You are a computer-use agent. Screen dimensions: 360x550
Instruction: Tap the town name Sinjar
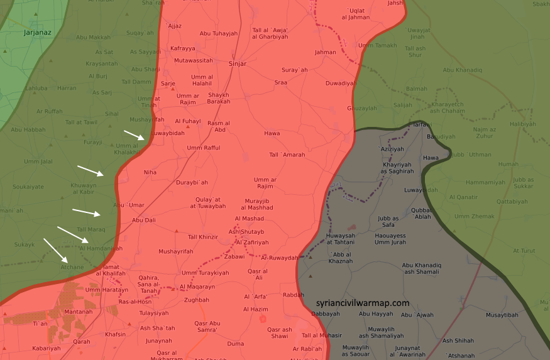tap(238, 63)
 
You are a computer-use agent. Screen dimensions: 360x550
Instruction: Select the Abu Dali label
tap(143, 221)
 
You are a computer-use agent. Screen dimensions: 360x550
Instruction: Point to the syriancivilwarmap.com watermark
tap(363, 303)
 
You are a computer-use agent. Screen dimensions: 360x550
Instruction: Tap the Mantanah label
tap(78, 312)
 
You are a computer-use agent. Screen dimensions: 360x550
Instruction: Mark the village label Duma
tap(235, 344)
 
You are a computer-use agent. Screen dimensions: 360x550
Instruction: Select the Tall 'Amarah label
tap(287, 155)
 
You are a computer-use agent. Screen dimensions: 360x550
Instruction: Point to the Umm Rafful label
tap(204, 148)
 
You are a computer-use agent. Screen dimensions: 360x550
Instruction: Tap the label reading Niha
tap(150, 172)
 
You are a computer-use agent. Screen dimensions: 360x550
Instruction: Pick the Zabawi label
tap(234, 256)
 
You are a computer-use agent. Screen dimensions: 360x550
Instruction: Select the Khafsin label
tap(116, 334)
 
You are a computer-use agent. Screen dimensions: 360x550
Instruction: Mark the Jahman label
tap(326, 52)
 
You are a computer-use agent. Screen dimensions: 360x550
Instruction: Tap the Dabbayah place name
tap(326, 314)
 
